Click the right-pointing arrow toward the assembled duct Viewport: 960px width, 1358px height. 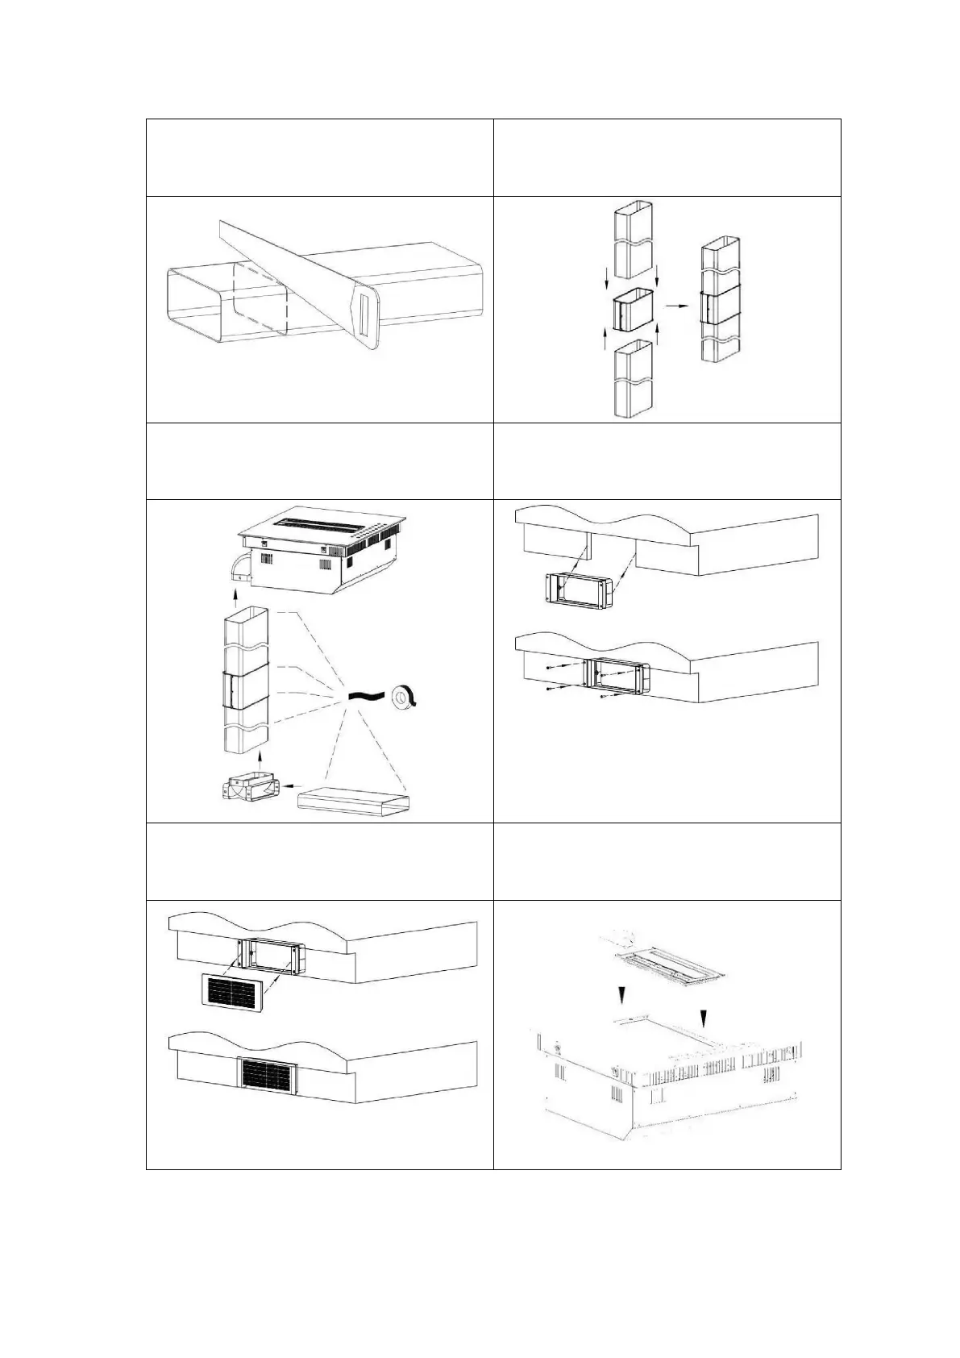675,306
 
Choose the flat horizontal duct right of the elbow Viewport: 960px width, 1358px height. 355,803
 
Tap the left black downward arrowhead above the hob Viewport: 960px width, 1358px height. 621,998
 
